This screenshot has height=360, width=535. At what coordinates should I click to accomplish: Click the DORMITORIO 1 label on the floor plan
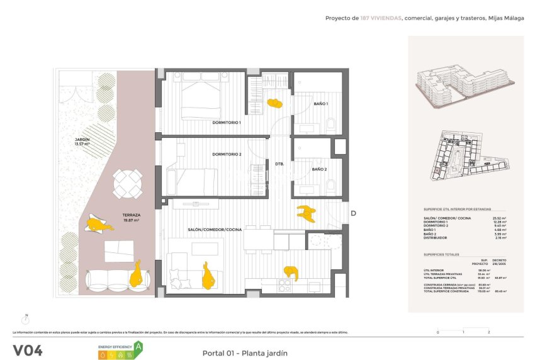pos(226,123)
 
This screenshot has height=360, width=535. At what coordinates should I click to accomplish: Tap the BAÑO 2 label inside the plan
pos(319,169)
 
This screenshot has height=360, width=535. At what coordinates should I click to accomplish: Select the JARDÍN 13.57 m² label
pos(82,142)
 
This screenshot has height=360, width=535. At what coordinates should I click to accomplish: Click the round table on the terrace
pos(128,183)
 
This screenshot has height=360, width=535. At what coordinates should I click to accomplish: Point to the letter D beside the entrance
pos(353,213)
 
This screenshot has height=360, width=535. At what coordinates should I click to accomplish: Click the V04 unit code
pos(28,351)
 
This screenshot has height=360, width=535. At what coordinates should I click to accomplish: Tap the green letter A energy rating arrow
pos(138,346)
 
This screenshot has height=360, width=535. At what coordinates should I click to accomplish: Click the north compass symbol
pos(26,320)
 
